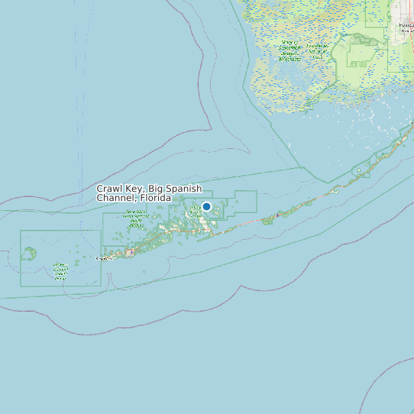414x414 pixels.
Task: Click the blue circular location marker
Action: (206, 206)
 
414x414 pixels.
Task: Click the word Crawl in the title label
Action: (109, 189)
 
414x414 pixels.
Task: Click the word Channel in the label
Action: (115, 198)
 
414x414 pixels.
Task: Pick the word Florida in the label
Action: (153, 198)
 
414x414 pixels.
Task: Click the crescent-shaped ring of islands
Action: (29, 254)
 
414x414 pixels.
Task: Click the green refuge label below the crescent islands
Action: (60, 270)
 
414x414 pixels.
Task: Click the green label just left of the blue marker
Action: (191, 209)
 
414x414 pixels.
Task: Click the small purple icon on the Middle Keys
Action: (266, 220)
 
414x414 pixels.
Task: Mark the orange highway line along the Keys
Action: (306, 203)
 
